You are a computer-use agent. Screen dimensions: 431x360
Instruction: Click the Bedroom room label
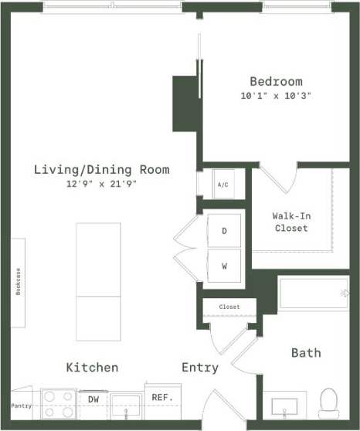tap(276, 81)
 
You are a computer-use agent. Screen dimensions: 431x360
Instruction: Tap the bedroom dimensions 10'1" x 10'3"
tap(276, 96)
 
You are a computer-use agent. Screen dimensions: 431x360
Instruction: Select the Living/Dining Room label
tap(101, 169)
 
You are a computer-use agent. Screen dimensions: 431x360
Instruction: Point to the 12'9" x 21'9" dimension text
tap(101, 185)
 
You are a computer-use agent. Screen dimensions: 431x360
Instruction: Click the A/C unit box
tap(222, 185)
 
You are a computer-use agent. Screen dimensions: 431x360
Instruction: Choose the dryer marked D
tap(224, 230)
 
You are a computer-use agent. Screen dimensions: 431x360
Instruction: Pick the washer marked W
tap(224, 266)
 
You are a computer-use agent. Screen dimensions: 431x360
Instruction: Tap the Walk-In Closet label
tap(290, 222)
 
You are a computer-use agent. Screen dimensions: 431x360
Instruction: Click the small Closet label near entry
tap(229, 307)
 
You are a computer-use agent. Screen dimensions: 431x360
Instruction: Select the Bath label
tap(306, 352)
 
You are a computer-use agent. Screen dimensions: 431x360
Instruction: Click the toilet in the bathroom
tap(330, 402)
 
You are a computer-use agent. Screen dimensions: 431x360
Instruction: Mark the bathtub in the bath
tap(313, 294)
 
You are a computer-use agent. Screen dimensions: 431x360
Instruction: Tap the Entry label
tap(199, 368)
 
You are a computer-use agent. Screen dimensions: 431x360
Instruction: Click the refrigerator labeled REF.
tap(161, 399)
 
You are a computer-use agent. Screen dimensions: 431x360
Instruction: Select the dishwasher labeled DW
tap(93, 399)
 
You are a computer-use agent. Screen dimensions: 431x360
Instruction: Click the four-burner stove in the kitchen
tap(58, 402)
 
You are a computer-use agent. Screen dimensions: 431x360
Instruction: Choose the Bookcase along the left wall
tap(17, 273)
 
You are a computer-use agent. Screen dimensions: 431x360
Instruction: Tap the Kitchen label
tap(92, 368)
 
